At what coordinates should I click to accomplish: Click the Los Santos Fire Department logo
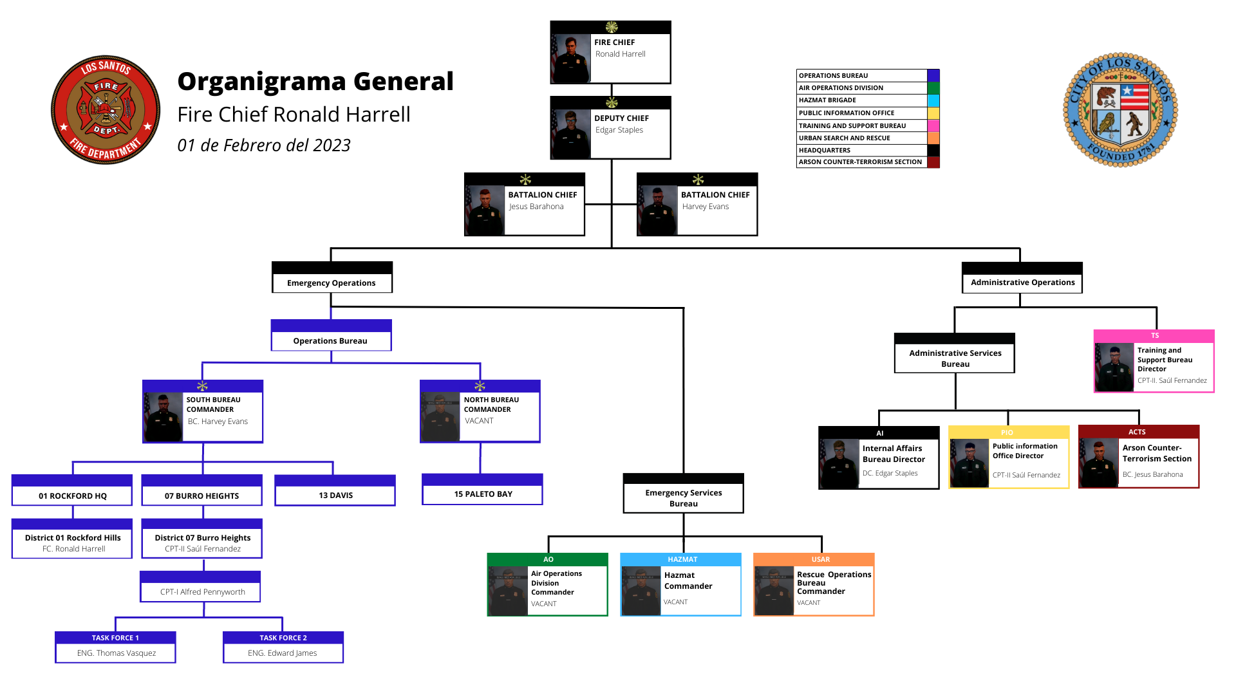[x=106, y=109]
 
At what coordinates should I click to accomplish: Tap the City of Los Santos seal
[x=1120, y=110]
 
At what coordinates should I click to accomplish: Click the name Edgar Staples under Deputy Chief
[x=619, y=130]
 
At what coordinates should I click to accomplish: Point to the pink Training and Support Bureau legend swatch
[x=933, y=125]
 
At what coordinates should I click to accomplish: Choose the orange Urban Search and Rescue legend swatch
[x=933, y=138]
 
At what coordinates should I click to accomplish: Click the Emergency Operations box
[x=332, y=283]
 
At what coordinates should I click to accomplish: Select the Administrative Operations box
[x=1022, y=282]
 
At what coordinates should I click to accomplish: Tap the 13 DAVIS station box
[x=335, y=495]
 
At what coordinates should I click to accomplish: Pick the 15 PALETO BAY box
[x=483, y=494]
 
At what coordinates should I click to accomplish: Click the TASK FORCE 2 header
[x=283, y=638]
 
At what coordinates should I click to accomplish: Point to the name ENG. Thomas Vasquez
[x=117, y=653]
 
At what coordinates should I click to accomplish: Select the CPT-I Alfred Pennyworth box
[x=202, y=591]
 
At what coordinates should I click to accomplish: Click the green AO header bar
[x=548, y=559]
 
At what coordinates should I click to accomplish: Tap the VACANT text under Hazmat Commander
[x=675, y=602]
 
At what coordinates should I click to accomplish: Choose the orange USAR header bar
[x=820, y=559]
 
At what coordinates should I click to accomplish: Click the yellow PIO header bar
[x=1007, y=432]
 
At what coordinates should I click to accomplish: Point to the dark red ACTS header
[x=1138, y=432]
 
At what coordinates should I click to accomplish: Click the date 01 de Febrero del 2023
[x=264, y=145]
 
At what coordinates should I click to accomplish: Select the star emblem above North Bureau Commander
[x=480, y=386]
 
